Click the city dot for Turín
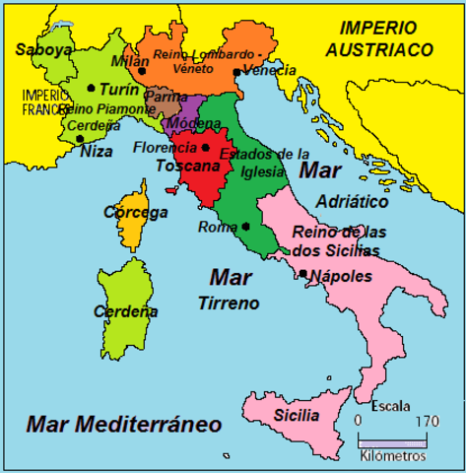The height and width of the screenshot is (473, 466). click(x=92, y=88)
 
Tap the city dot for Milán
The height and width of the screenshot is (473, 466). click(x=143, y=71)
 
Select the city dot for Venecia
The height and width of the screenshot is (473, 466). click(x=236, y=72)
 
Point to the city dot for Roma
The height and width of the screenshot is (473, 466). click(x=244, y=226)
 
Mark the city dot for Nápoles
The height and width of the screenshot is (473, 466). click(x=303, y=273)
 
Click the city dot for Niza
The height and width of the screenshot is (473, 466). click(x=80, y=139)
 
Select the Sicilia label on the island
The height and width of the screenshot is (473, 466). click(x=297, y=415)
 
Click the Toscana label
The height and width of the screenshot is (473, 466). click(x=185, y=167)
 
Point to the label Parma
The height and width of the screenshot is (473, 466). click(x=166, y=99)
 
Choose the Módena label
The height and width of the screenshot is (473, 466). click(x=185, y=124)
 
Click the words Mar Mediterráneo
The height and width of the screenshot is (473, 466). click(x=124, y=424)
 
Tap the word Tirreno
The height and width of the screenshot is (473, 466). click(x=228, y=302)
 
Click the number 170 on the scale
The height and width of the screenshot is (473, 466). click(x=428, y=422)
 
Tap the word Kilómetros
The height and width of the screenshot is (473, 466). click(x=393, y=457)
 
